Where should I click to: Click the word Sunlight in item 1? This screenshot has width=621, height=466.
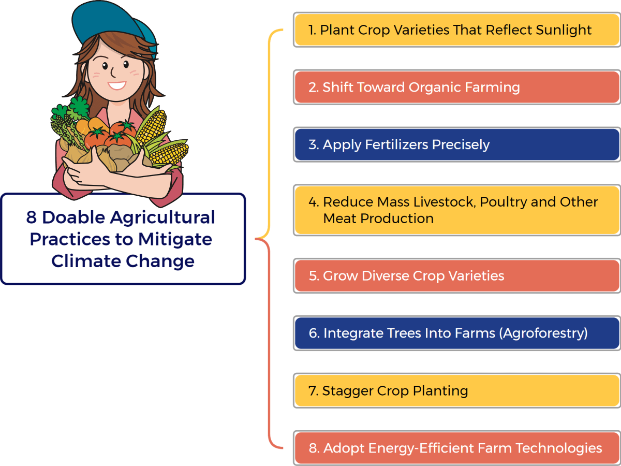(x=564, y=30)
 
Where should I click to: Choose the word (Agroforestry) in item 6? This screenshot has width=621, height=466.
(x=543, y=333)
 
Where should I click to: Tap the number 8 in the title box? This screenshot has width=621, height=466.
(x=31, y=217)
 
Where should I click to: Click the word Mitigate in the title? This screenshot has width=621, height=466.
(x=175, y=240)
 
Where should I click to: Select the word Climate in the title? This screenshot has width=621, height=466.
(x=86, y=261)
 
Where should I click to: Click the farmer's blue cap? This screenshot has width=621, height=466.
(x=113, y=23)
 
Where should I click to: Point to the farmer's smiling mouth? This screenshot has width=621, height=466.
(x=117, y=85)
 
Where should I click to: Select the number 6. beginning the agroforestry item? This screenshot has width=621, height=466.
(x=314, y=333)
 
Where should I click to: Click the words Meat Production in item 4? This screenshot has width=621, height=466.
(x=378, y=219)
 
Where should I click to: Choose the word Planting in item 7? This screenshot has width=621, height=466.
(x=440, y=391)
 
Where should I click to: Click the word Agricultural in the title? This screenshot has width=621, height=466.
(x=162, y=217)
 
